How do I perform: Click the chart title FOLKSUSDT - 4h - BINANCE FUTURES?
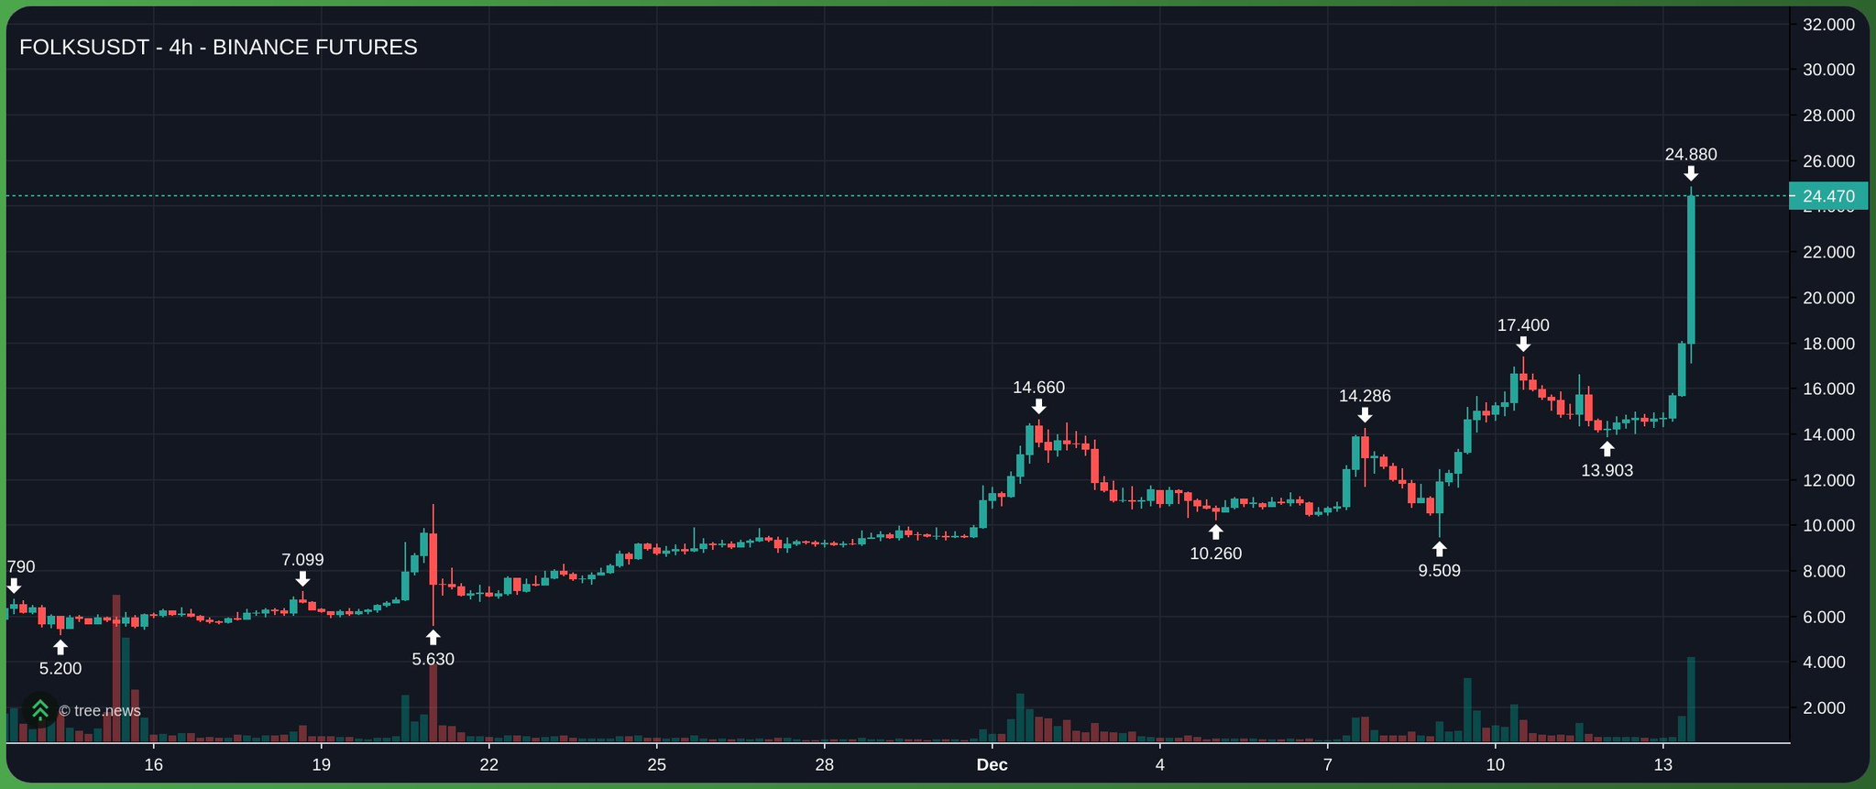[218, 48]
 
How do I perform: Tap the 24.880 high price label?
[1691, 155]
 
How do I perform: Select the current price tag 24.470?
[1827, 196]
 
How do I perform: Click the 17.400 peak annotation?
[1523, 325]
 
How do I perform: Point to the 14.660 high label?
[1038, 388]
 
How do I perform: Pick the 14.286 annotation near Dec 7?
[1365, 396]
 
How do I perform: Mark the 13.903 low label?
[1607, 471]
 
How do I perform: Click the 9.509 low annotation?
[1439, 571]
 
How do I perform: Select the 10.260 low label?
[1215, 553]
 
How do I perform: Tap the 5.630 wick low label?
[433, 659]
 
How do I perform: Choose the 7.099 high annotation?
[302, 560]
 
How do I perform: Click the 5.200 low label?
[60, 669]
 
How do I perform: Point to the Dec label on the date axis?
[992, 765]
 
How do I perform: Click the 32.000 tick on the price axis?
[1827, 25]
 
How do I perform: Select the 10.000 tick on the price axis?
[1827, 526]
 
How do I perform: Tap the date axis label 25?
[656, 765]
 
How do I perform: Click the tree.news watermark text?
[100, 711]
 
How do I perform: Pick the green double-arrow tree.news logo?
[40, 710]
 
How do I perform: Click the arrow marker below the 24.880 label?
[1691, 174]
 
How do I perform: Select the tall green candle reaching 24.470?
[1691, 270]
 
